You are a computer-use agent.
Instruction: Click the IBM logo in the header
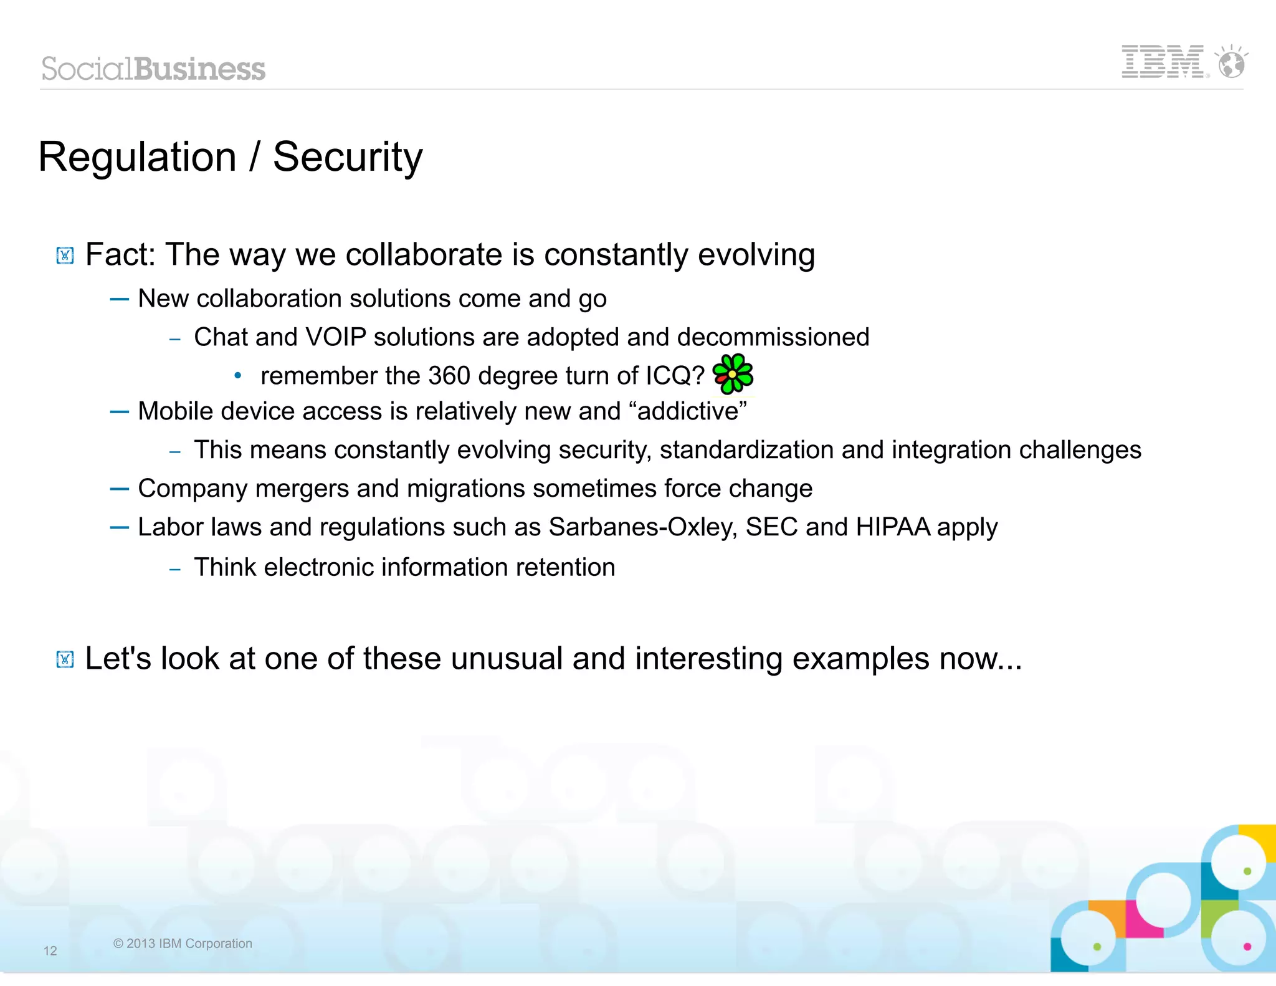click(x=1163, y=62)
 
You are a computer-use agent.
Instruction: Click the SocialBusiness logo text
click(x=153, y=69)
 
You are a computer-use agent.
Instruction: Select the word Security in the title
click(x=348, y=157)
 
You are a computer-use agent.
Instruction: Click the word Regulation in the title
click(x=137, y=157)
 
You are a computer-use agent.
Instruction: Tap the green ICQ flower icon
click(x=733, y=374)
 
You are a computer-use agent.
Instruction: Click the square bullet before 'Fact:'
click(x=65, y=256)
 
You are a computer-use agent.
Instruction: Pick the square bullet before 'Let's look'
click(x=65, y=659)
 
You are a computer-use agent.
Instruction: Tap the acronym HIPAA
click(x=892, y=527)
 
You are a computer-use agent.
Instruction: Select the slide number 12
click(x=50, y=950)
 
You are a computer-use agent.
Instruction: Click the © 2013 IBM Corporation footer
click(x=183, y=944)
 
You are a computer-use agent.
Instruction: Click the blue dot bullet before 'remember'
click(x=237, y=376)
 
